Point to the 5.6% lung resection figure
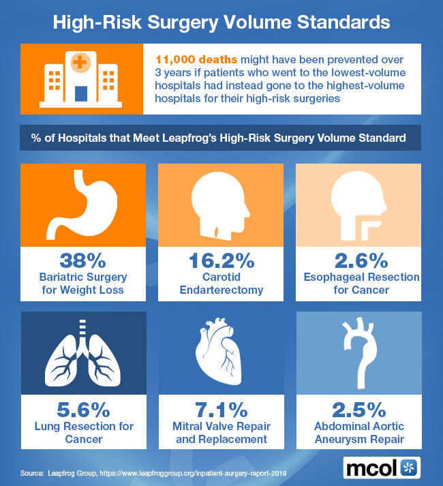coord(83,410)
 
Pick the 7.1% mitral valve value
coord(221,410)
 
